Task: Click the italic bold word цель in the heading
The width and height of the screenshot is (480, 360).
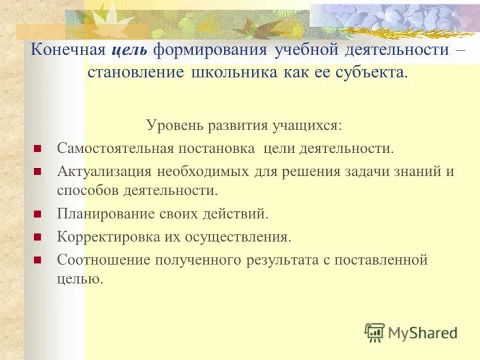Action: click(131, 50)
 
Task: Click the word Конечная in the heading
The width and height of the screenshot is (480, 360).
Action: click(69, 50)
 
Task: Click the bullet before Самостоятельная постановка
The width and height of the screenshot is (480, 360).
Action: click(37, 148)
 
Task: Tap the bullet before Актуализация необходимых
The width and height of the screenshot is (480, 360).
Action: click(37, 171)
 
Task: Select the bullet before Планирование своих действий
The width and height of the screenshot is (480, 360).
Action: click(37, 214)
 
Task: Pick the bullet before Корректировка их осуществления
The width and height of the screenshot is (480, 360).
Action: click(37, 237)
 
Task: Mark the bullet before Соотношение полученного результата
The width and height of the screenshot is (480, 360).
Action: click(37, 260)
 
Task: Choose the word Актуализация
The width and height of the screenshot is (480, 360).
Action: click(105, 171)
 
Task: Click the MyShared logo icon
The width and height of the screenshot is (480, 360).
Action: click(374, 332)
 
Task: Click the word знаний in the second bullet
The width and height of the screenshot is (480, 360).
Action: click(419, 171)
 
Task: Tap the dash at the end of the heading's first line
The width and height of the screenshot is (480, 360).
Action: click(460, 50)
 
